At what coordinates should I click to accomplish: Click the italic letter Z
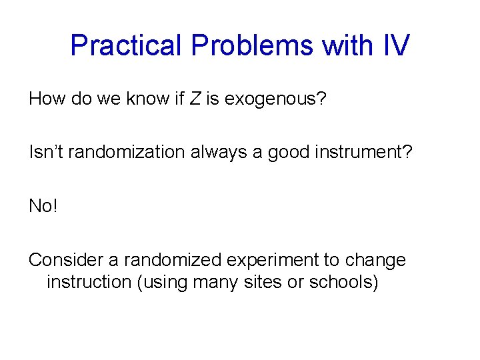coord(195,99)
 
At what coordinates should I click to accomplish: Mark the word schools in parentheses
coord(344,282)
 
